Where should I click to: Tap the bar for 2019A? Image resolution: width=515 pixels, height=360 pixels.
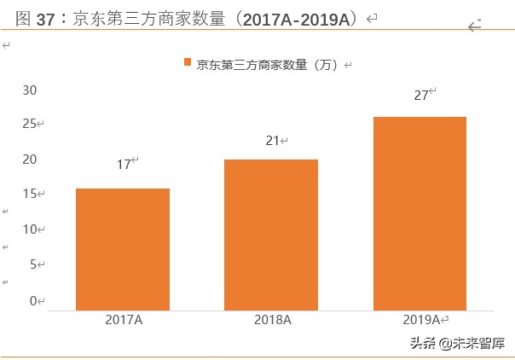pos(420,212)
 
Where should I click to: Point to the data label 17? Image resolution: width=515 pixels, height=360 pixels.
pos(124,164)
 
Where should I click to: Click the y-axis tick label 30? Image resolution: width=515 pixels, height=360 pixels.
pos(30,90)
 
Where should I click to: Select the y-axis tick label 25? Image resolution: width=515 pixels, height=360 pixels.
pos(30,125)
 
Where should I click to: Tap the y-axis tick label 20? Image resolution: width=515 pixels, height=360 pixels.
pos(30,160)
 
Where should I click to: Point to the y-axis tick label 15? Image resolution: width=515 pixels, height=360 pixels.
pos(30,195)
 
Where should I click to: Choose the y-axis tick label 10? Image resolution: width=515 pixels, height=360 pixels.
pos(30,229)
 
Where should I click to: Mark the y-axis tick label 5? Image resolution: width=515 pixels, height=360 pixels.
pos(33,264)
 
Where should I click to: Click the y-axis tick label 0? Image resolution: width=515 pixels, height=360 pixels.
pos(33,300)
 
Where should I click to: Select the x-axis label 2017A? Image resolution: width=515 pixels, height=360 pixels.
pos(124,320)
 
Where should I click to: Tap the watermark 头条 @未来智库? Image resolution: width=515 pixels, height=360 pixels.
pos(457,344)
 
